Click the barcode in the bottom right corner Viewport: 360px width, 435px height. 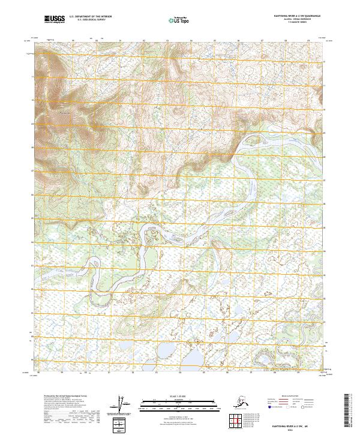347,414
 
